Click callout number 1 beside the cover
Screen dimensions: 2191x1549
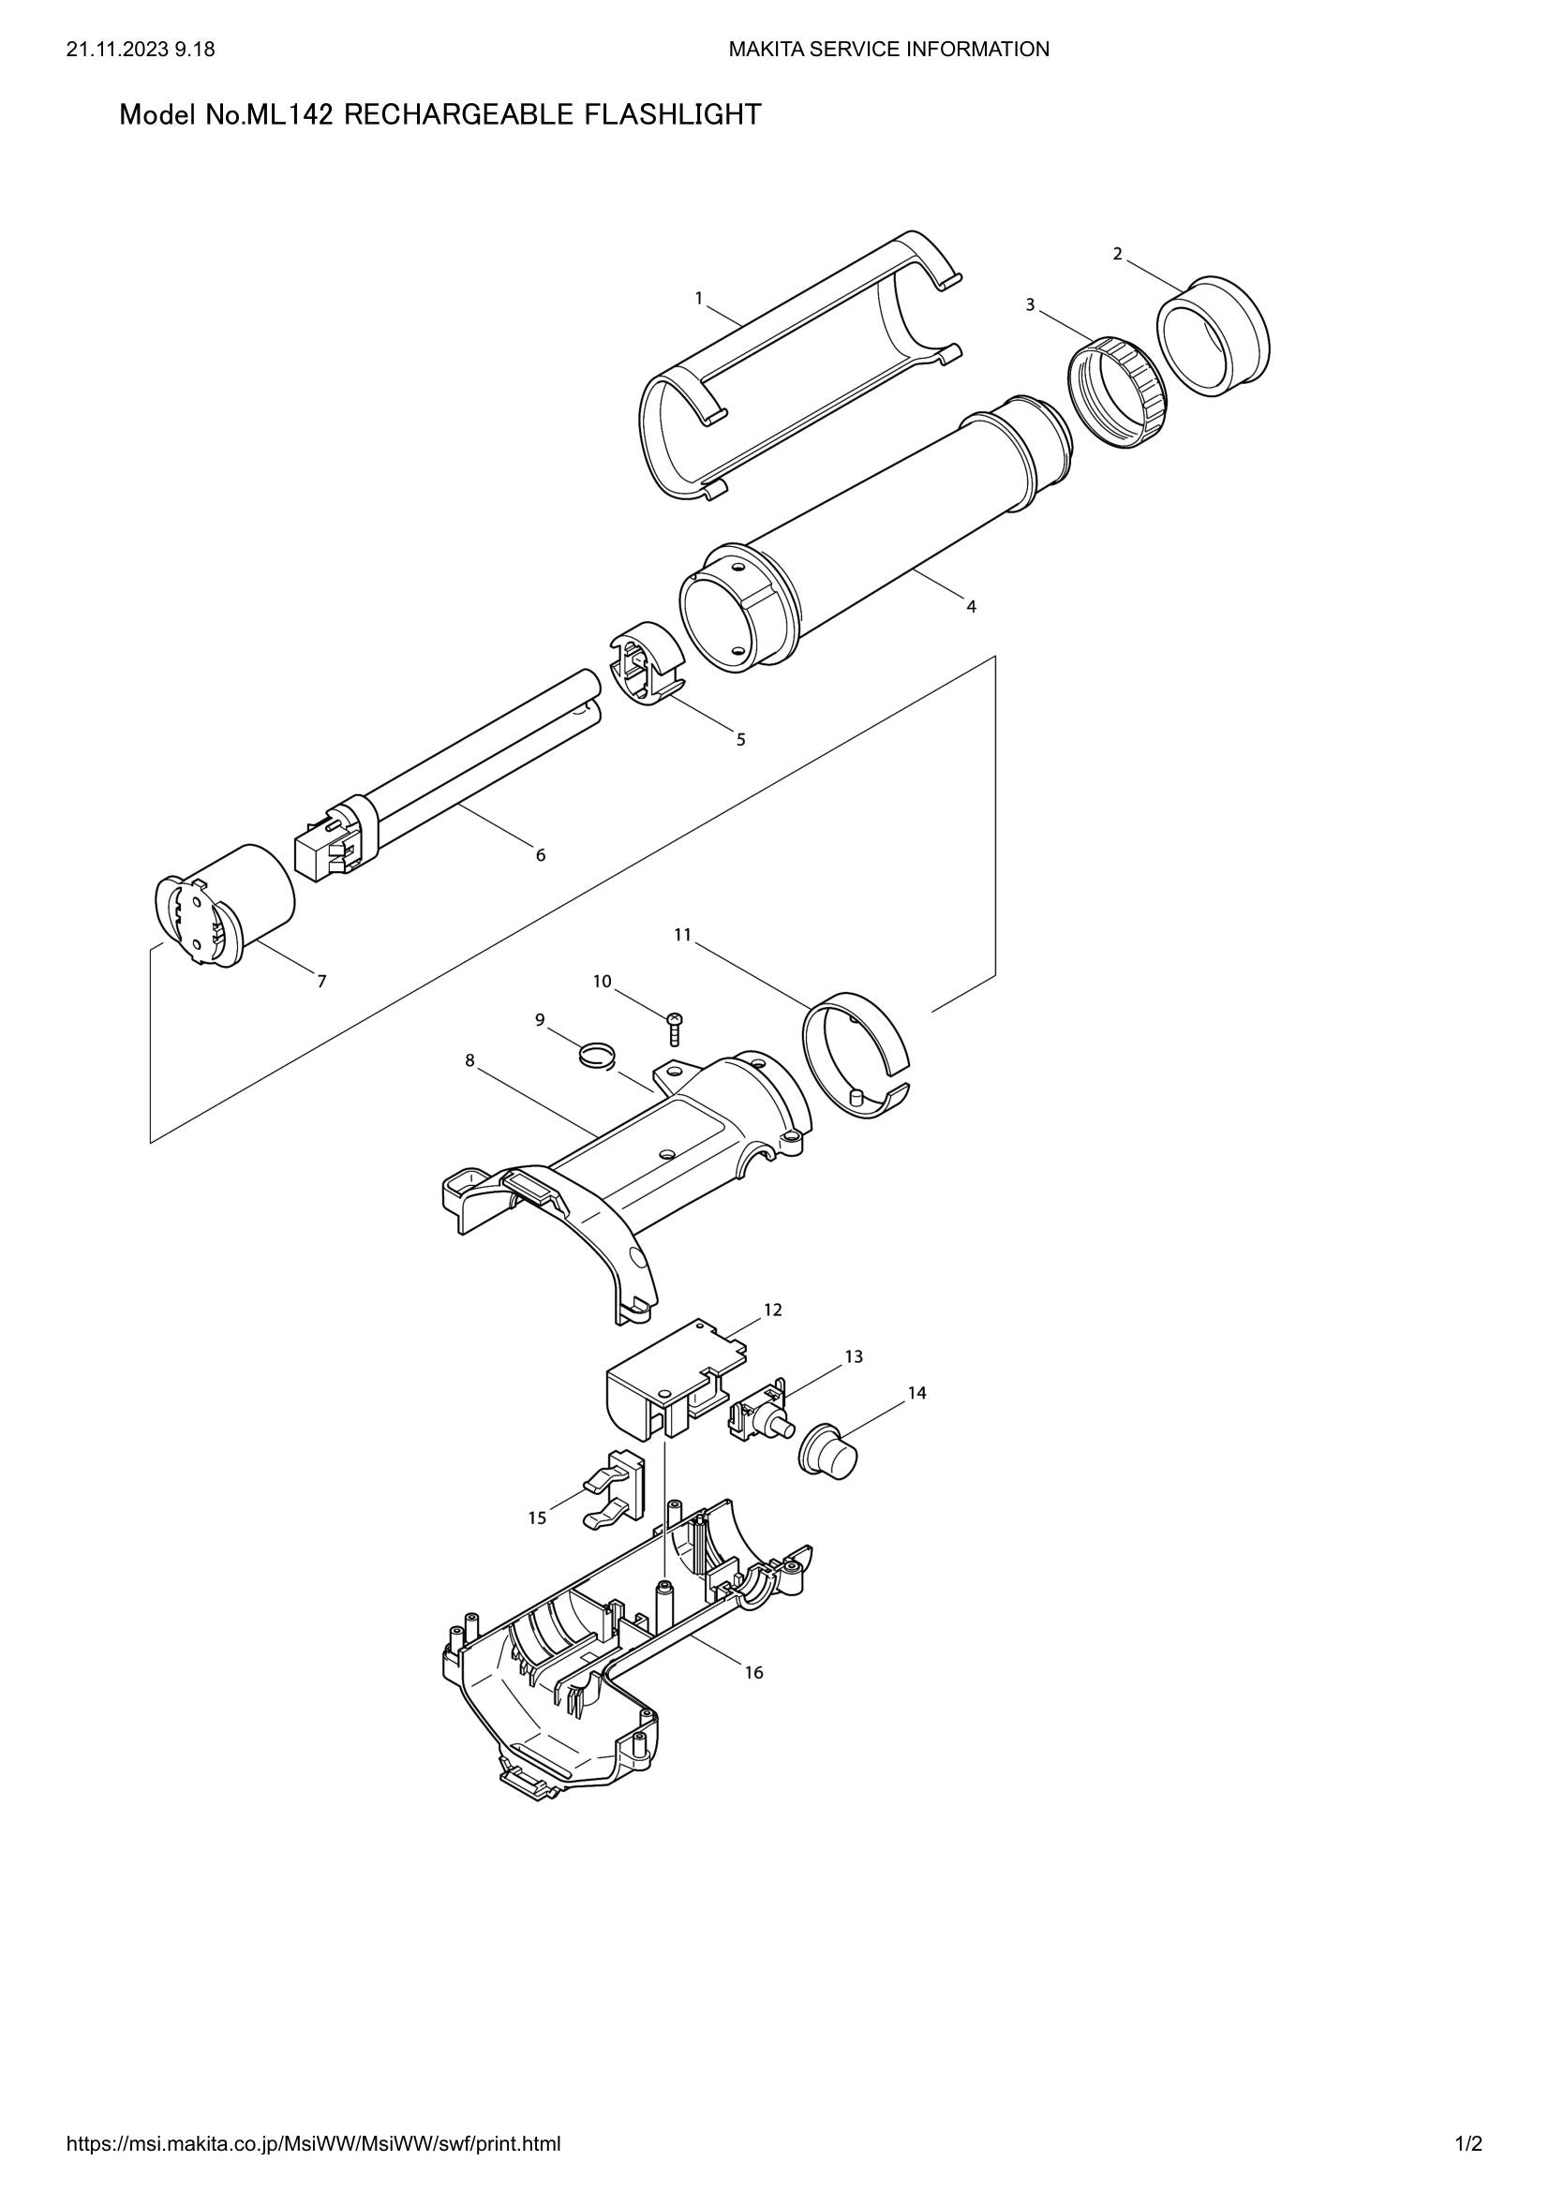pos(699,299)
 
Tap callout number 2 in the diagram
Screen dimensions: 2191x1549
pos(1117,254)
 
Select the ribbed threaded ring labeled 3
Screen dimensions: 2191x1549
pos(1118,392)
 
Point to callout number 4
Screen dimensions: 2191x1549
pos(971,606)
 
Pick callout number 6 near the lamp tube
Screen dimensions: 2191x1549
pos(540,855)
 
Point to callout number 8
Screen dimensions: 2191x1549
pos(469,1060)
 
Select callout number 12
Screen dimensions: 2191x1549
pos(772,1310)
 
